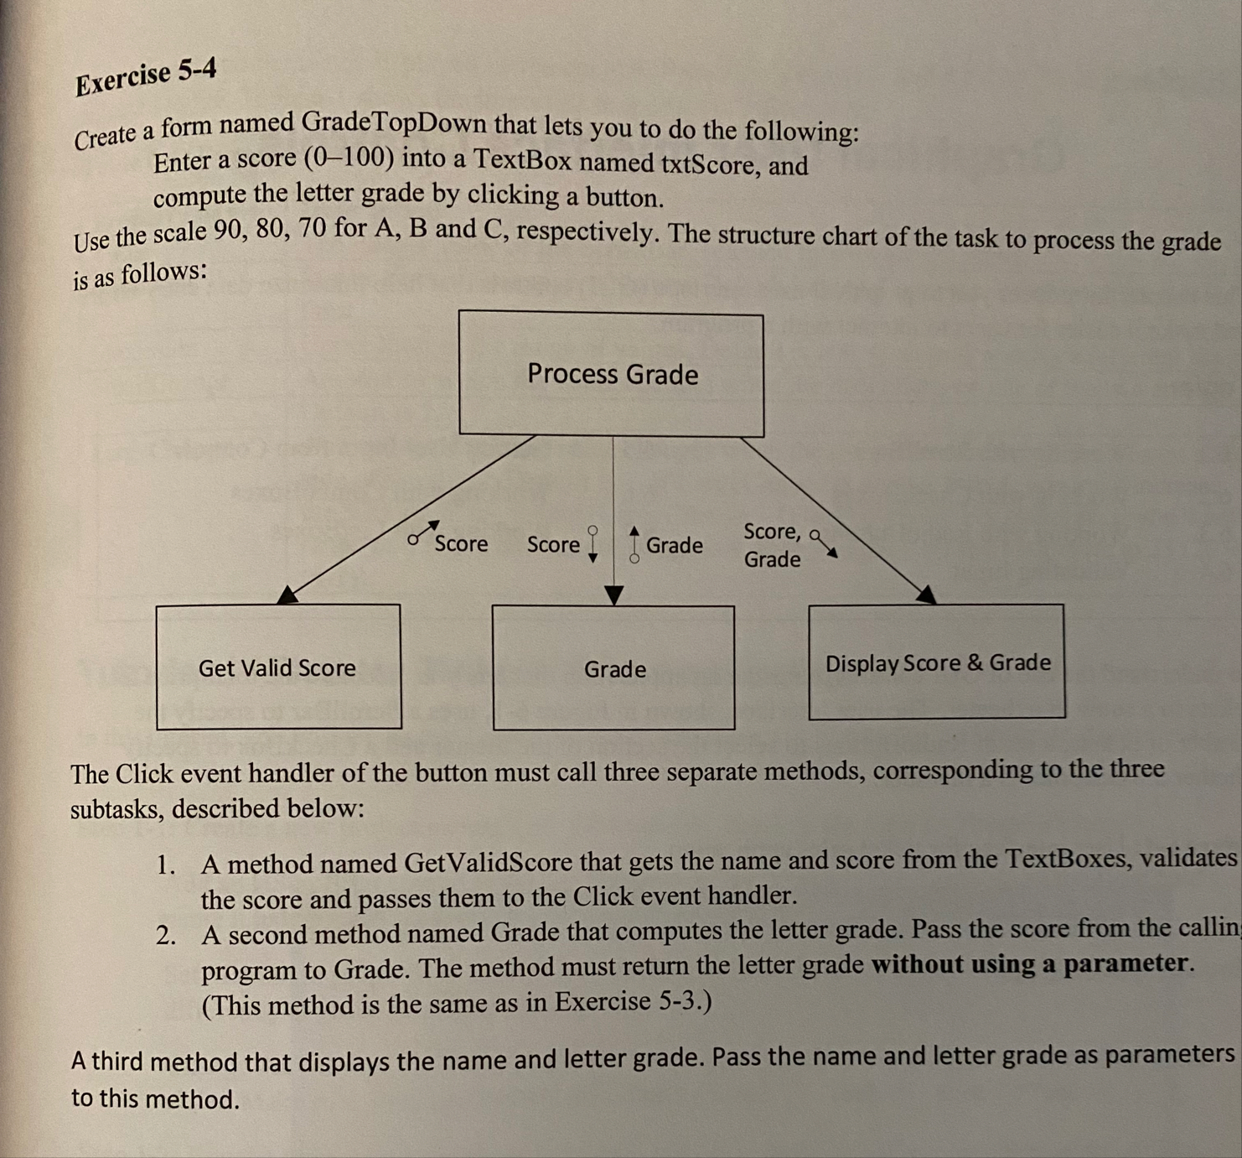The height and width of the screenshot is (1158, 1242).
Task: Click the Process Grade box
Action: coord(612,374)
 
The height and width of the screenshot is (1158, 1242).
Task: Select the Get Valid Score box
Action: coord(278,667)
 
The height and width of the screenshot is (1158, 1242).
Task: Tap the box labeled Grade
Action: coord(614,668)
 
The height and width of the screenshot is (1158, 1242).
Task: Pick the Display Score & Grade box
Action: coord(937,662)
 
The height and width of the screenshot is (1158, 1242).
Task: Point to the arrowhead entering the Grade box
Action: coord(614,595)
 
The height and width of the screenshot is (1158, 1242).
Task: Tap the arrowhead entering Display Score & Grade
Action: coord(926,595)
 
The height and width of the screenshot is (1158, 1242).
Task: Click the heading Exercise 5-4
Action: coord(146,77)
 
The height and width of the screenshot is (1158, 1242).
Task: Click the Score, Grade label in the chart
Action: coord(772,545)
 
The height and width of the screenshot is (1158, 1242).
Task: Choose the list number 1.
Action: coord(165,865)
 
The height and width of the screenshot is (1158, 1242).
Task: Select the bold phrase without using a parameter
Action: coord(1030,963)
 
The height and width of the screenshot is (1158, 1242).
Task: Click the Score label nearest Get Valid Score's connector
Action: coord(461,543)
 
